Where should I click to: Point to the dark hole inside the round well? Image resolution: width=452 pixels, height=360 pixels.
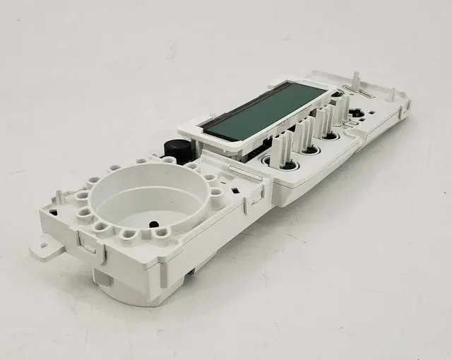[153, 224]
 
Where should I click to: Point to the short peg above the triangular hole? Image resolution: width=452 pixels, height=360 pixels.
[61, 197]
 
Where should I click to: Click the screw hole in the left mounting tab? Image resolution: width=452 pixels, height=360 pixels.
[44, 246]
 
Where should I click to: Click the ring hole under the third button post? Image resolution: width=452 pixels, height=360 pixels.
[329, 137]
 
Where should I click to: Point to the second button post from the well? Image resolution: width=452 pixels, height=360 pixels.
[304, 133]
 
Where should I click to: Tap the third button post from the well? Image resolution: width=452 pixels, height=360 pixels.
[324, 121]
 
